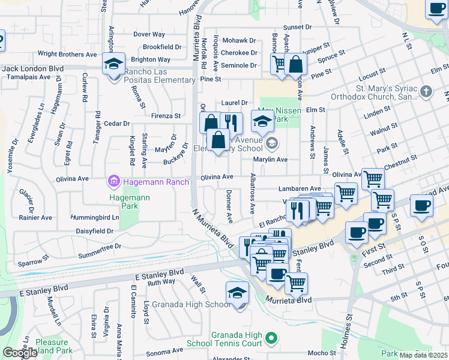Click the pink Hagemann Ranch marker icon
[112, 180]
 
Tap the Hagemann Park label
[125, 201]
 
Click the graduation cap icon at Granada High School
[238, 293]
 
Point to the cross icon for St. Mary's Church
[426, 92]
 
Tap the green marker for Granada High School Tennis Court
[271, 339]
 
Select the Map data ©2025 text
[423, 355]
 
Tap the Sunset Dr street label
[298, 28]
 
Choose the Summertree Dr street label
[99, 246]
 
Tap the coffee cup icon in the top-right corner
[436, 9]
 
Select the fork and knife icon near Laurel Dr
[231, 124]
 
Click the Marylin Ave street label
[270, 160]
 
